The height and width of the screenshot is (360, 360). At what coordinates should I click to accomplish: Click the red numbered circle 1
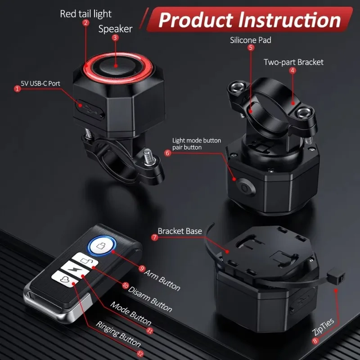click(17, 89)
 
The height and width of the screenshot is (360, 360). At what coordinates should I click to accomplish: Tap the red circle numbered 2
click(85, 23)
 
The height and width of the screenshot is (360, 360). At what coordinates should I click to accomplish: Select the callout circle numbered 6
click(167, 153)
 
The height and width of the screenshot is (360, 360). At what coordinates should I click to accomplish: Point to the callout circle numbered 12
click(140, 353)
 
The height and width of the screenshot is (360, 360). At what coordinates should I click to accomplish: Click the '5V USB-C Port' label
click(40, 83)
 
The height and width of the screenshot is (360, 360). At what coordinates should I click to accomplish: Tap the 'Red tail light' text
click(85, 14)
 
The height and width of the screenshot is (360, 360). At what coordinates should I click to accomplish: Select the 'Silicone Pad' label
click(251, 40)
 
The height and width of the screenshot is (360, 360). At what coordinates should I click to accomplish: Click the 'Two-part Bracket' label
click(293, 62)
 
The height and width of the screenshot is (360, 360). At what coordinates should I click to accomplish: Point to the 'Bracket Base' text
click(180, 231)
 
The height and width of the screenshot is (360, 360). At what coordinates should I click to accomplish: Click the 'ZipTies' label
click(323, 327)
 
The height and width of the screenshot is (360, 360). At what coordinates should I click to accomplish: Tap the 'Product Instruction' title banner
click(250, 20)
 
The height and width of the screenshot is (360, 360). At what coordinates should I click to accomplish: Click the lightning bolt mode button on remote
click(75, 269)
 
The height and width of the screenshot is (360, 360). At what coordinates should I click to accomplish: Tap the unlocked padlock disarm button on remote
click(85, 260)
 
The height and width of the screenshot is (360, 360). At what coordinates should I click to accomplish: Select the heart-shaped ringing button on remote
click(65, 279)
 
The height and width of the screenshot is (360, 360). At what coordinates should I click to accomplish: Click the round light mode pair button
click(245, 188)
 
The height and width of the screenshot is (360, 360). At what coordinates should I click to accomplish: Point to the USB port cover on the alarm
click(90, 109)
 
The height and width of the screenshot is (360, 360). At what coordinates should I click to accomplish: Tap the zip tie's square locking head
click(336, 277)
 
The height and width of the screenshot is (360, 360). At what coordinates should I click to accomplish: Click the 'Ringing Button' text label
click(118, 334)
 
